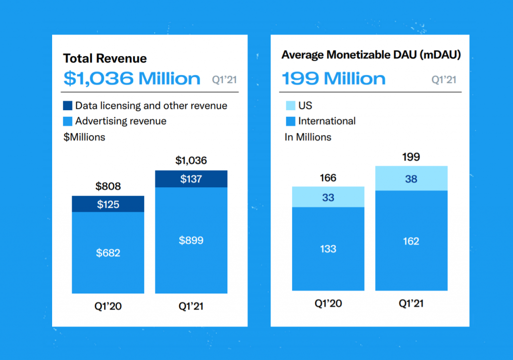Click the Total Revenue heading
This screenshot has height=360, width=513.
pyautogui.click(x=105, y=59)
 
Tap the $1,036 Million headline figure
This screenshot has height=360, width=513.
pyautogui.click(x=132, y=79)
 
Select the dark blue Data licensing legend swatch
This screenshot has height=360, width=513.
pyautogui.click(x=68, y=106)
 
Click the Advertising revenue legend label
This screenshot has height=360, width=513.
pyautogui.click(x=121, y=121)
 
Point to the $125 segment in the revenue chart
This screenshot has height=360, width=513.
pyautogui.click(x=108, y=204)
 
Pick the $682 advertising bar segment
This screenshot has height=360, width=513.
pyautogui.click(x=108, y=253)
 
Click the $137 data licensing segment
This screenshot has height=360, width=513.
pyautogui.click(x=191, y=179)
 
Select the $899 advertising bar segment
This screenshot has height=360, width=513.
pyautogui.click(x=191, y=240)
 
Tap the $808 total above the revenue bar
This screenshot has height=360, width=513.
pyautogui.click(x=108, y=187)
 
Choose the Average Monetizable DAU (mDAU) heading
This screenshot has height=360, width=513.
pyautogui.click(x=371, y=55)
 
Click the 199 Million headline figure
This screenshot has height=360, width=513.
pyautogui.click(x=334, y=79)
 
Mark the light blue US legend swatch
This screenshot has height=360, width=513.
pyautogui.click(x=290, y=106)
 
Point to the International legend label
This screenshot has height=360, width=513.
pyautogui.click(x=327, y=121)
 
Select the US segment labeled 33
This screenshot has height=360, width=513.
pyautogui.click(x=328, y=197)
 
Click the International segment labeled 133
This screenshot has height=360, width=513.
pyautogui.click(x=328, y=249)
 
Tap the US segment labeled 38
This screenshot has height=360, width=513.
pyautogui.click(x=411, y=179)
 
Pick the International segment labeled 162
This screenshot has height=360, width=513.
pyautogui.click(x=411, y=241)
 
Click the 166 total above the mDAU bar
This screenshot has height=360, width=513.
pyautogui.click(x=328, y=178)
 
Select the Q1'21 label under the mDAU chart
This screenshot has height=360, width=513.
pyautogui.click(x=411, y=304)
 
